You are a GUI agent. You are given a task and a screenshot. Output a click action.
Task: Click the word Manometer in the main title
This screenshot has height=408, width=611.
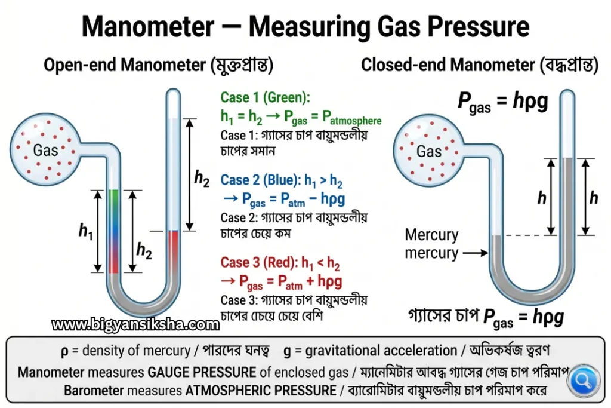(x=148, y=26)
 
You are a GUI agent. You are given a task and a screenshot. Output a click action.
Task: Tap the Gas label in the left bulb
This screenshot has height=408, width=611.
(x=45, y=150)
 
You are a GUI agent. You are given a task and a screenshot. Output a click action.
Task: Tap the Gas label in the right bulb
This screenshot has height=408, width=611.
(x=429, y=151)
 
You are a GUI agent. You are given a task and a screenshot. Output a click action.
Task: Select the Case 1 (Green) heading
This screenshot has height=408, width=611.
(x=266, y=97)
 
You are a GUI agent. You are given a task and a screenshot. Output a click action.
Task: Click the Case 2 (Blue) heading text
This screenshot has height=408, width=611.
(x=260, y=180)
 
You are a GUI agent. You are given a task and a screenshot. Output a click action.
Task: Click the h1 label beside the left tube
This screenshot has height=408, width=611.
(x=86, y=231)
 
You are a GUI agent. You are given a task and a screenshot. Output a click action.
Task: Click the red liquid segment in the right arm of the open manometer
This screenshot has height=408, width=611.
(x=173, y=252)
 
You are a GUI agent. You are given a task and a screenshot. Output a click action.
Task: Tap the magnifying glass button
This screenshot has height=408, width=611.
(x=584, y=380)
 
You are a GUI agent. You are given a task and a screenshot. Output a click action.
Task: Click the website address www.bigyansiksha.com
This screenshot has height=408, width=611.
(x=135, y=324)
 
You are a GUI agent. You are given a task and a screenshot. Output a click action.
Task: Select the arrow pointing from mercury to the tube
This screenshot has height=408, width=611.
(x=476, y=253)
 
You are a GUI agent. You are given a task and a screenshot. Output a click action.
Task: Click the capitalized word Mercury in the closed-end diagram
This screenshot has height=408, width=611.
(x=432, y=235)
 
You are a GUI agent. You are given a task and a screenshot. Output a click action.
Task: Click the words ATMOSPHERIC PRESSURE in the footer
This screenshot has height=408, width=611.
(x=261, y=391)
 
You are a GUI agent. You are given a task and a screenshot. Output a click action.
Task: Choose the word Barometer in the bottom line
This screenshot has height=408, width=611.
(x=94, y=391)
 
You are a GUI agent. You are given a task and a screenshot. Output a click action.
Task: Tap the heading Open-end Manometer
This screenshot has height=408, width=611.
(x=125, y=65)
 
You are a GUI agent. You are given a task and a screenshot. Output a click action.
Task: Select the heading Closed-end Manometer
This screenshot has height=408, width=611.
(x=448, y=65)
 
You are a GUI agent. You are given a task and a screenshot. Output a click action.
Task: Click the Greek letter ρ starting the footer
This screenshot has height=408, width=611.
(x=64, y=351)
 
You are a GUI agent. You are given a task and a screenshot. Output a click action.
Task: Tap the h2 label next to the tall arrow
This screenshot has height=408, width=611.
(x=202, y=179)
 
